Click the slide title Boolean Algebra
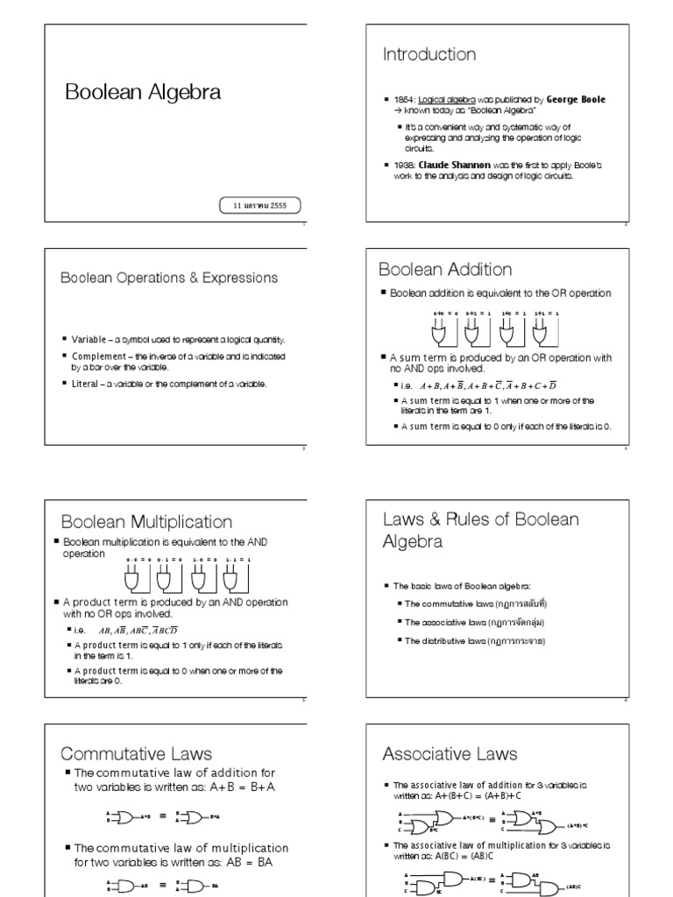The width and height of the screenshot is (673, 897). [x=143, y=92]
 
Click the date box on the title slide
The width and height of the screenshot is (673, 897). [x=260, y=206]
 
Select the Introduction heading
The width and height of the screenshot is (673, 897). [x=429, y=55]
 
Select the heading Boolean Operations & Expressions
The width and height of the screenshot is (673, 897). [x=168, y=278]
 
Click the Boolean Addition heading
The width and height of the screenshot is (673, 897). [x=445, y=269]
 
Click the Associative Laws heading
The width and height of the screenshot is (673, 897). [x=450, y=753]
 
